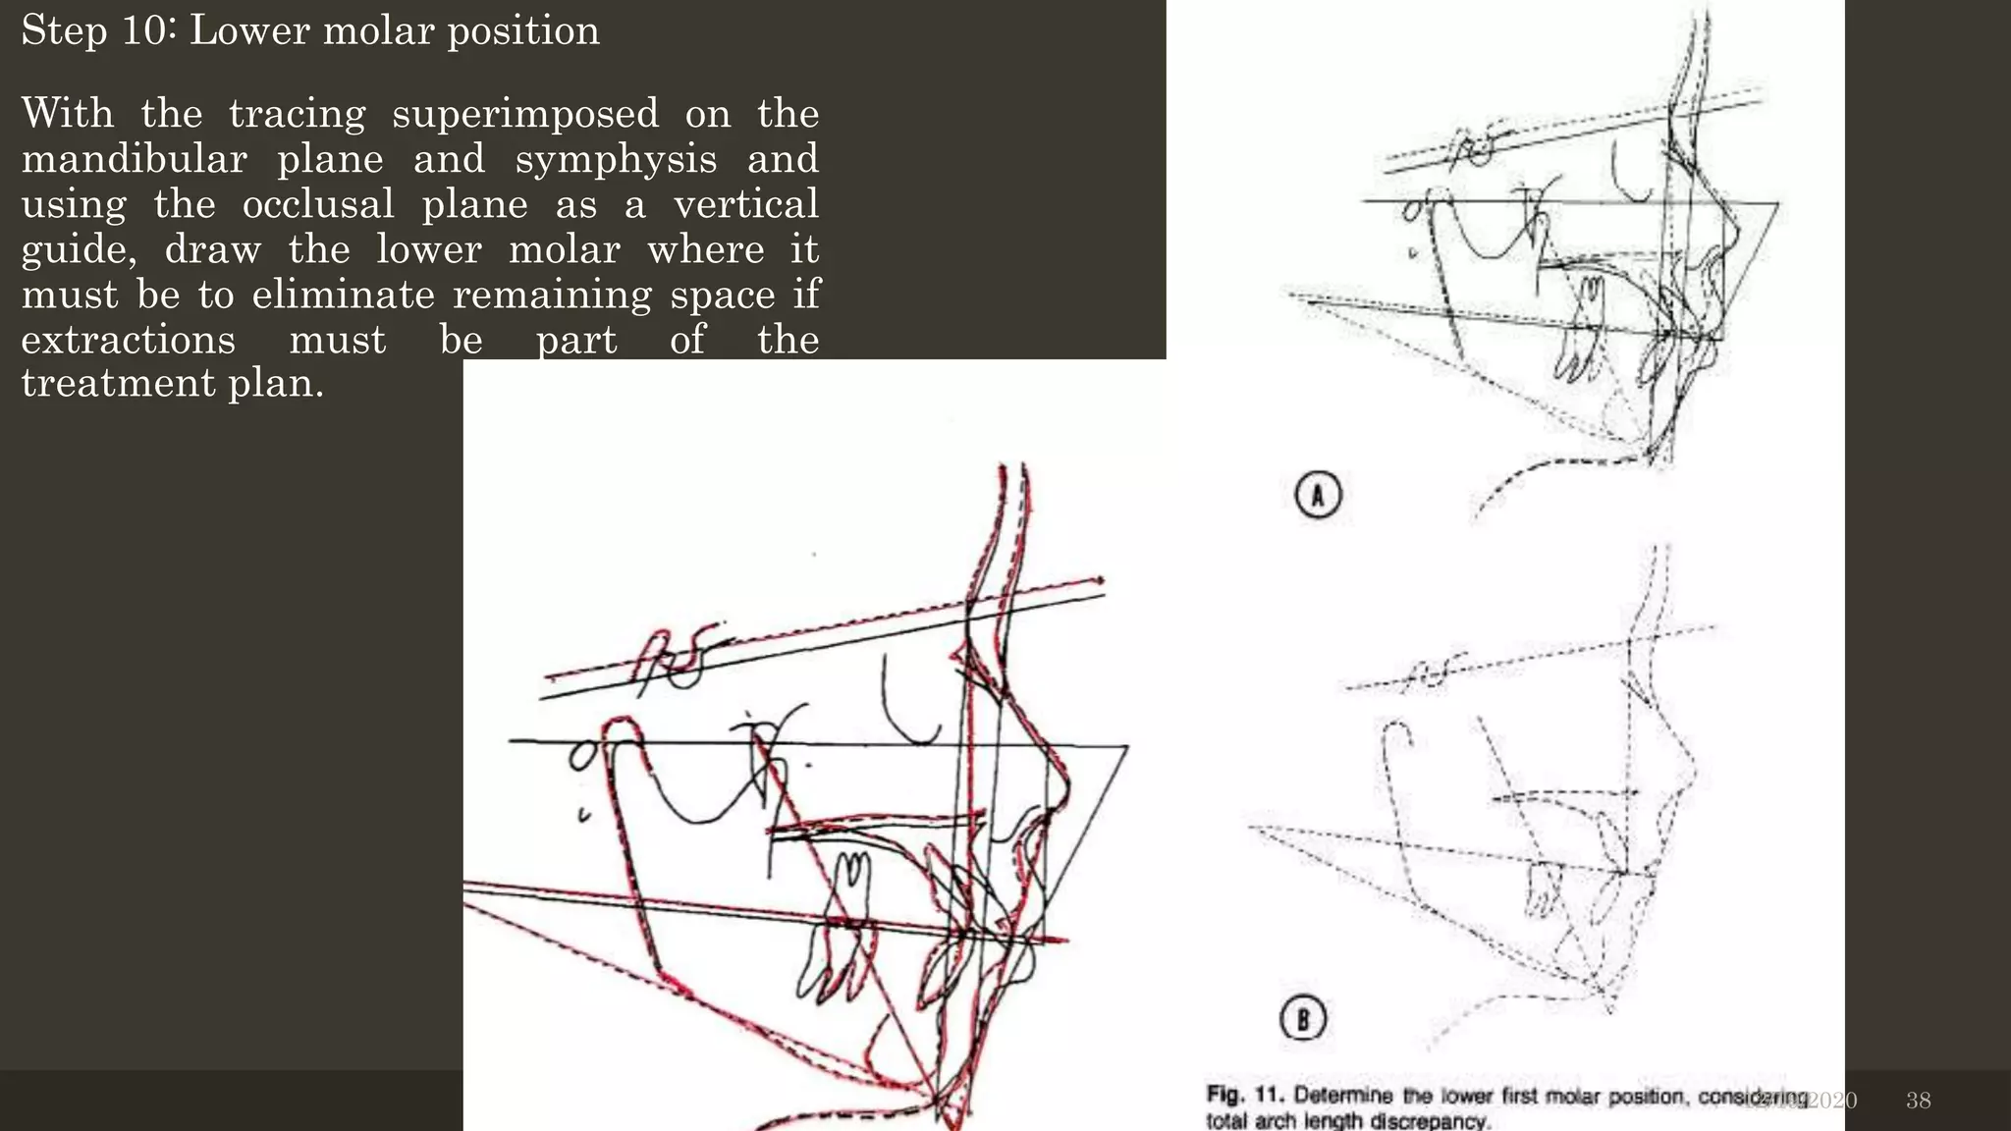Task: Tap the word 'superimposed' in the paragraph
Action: point(525,114)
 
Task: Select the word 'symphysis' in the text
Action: point(616,159)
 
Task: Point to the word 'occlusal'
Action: point(318,204)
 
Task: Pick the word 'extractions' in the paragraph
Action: point(128,340)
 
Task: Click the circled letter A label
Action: point(1317,495)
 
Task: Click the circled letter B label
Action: point(1303,1018)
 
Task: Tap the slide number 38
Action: point(1918,1101)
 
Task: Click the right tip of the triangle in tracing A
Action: point(1777,204)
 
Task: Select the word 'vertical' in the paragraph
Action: point(745,204)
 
